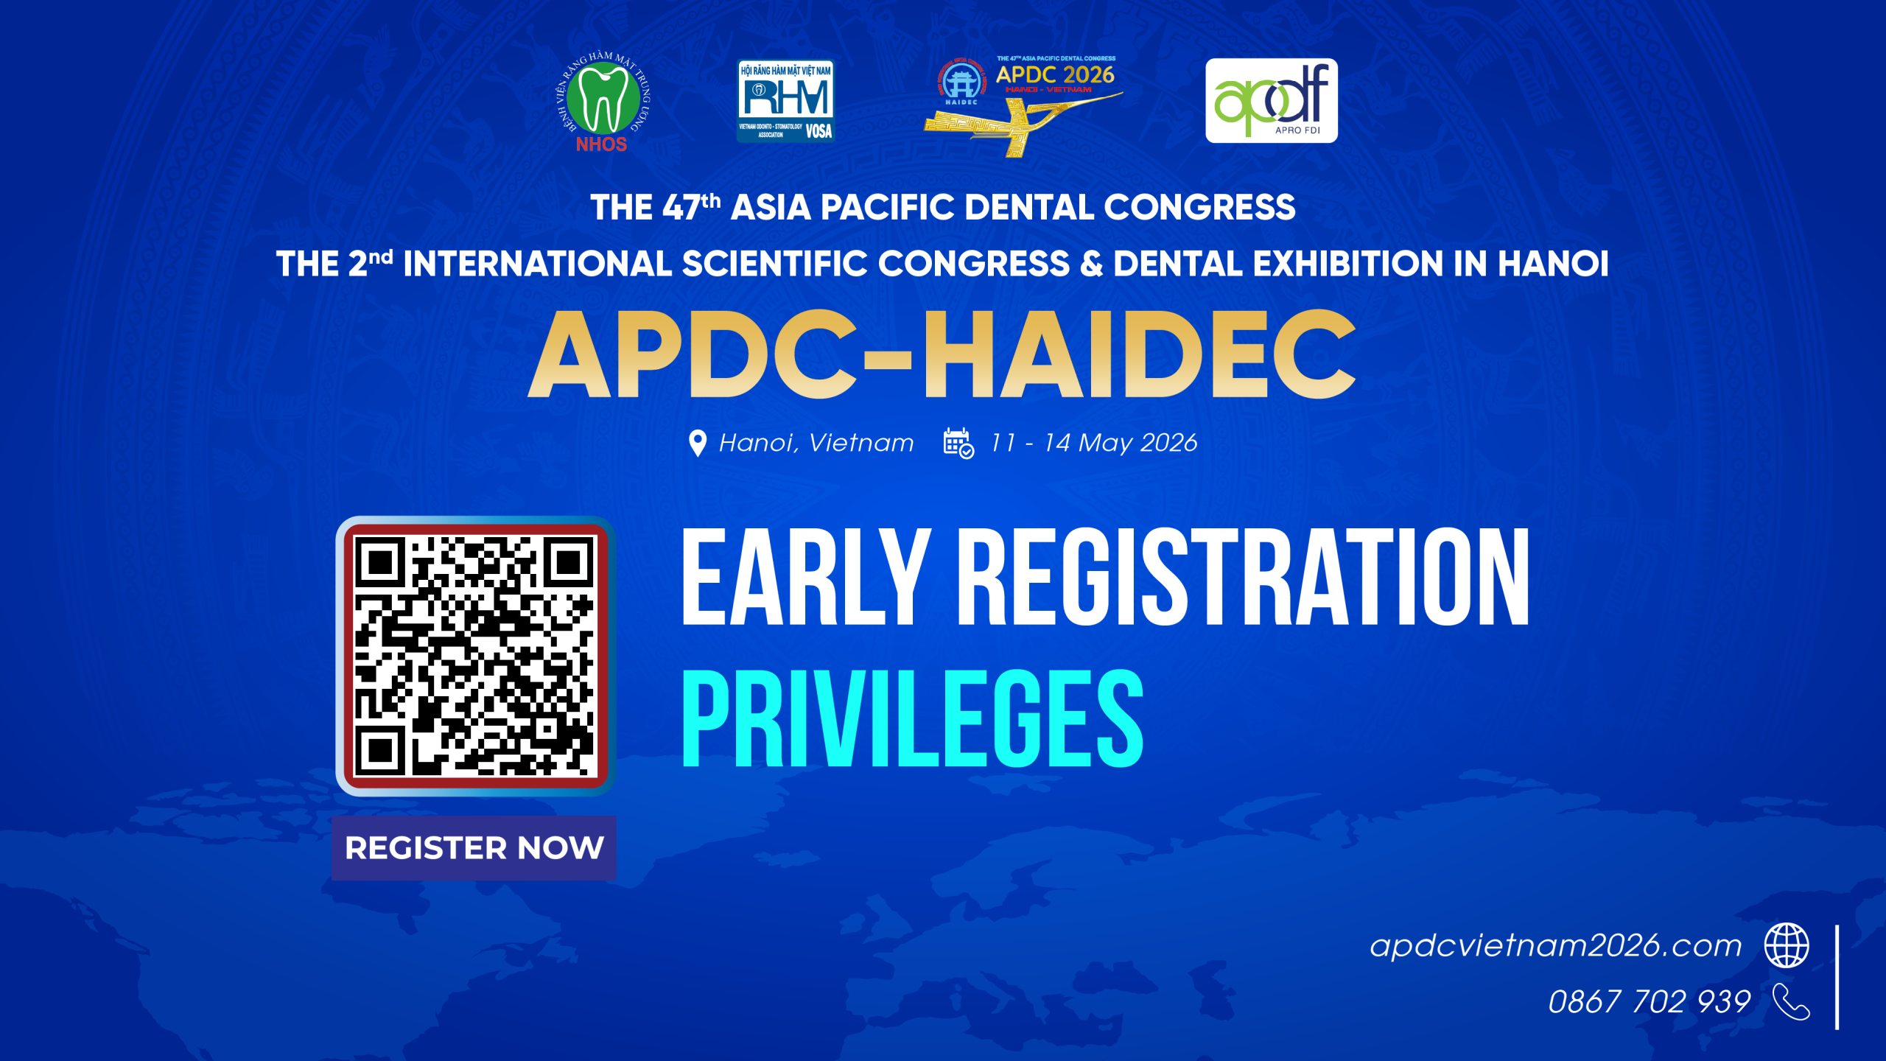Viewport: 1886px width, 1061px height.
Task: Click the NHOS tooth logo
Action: point(603,102)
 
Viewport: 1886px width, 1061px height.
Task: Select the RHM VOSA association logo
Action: point(785,100)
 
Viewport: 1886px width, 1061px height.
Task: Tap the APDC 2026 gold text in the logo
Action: point(1055,74)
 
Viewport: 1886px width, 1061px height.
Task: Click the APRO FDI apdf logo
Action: point(1271,100)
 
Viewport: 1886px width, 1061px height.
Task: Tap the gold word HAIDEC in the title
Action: point(1139,354)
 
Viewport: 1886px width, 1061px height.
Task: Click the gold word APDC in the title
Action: point(691,354)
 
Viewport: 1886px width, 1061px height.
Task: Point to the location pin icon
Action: point(697,443)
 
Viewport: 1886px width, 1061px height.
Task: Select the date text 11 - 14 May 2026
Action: point(1093,443)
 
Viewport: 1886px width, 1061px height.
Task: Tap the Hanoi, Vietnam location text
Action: point(816,443)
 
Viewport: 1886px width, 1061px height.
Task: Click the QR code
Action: point(475,656)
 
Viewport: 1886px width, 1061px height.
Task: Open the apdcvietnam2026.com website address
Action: point(1555,945)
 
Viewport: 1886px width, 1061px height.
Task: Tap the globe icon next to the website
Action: point(1787,945)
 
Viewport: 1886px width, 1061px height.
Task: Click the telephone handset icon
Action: point(1791,1001)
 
